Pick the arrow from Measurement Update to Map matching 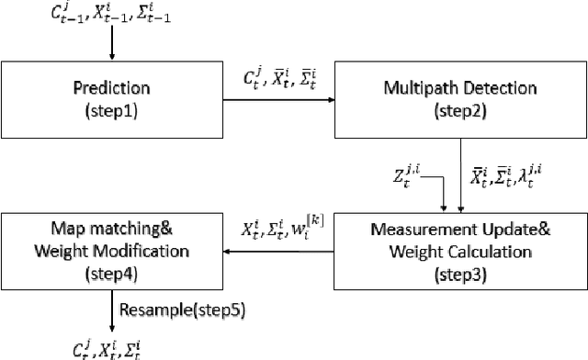[x=276, y=245]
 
